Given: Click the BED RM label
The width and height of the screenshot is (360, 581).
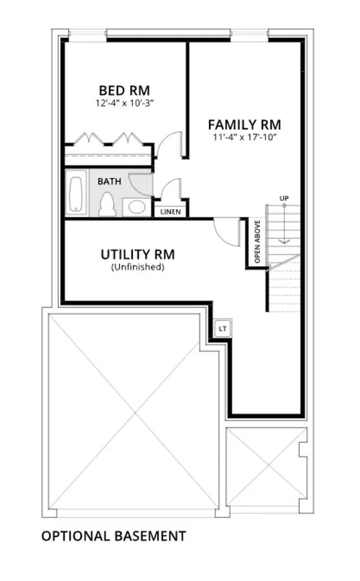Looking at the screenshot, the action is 125,90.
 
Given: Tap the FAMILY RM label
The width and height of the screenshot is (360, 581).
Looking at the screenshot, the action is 245,124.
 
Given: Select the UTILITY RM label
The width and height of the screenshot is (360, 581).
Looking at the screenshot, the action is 137,254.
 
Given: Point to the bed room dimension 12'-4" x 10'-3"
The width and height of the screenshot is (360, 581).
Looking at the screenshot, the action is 125,103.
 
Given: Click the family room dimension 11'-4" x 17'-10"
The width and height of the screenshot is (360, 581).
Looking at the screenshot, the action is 245,137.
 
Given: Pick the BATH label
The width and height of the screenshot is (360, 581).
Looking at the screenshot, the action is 109,181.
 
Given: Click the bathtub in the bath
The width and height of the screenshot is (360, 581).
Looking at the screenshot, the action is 76,192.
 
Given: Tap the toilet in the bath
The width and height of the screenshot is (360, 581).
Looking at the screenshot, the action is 107,204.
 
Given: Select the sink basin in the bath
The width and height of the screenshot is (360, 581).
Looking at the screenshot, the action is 137,207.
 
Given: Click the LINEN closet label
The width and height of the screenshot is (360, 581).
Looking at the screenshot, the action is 170,212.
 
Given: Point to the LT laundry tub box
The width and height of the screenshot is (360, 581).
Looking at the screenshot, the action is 223,329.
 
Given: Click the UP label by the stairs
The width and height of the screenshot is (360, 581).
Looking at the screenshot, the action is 284,199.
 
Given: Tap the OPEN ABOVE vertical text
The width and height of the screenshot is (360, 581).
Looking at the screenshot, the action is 257,241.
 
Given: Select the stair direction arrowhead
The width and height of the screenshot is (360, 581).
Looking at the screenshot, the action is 284,241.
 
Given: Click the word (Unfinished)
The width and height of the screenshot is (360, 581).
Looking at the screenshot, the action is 137,267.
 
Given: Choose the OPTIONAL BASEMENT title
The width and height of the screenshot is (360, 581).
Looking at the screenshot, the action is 114,536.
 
